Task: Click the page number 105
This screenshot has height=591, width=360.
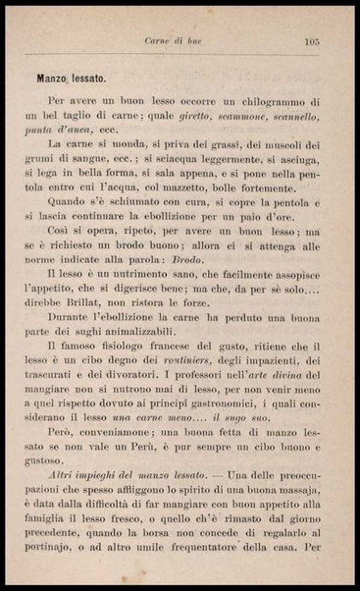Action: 313,41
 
